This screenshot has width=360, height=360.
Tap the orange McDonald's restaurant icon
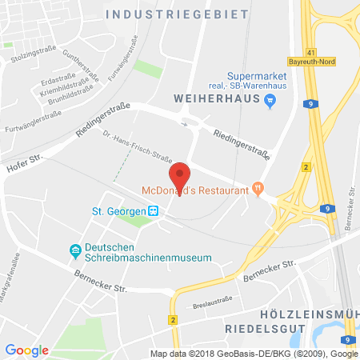(257, 189)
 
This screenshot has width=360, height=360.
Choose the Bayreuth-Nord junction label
(310, 61)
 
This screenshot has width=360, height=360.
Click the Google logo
(26, 350)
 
